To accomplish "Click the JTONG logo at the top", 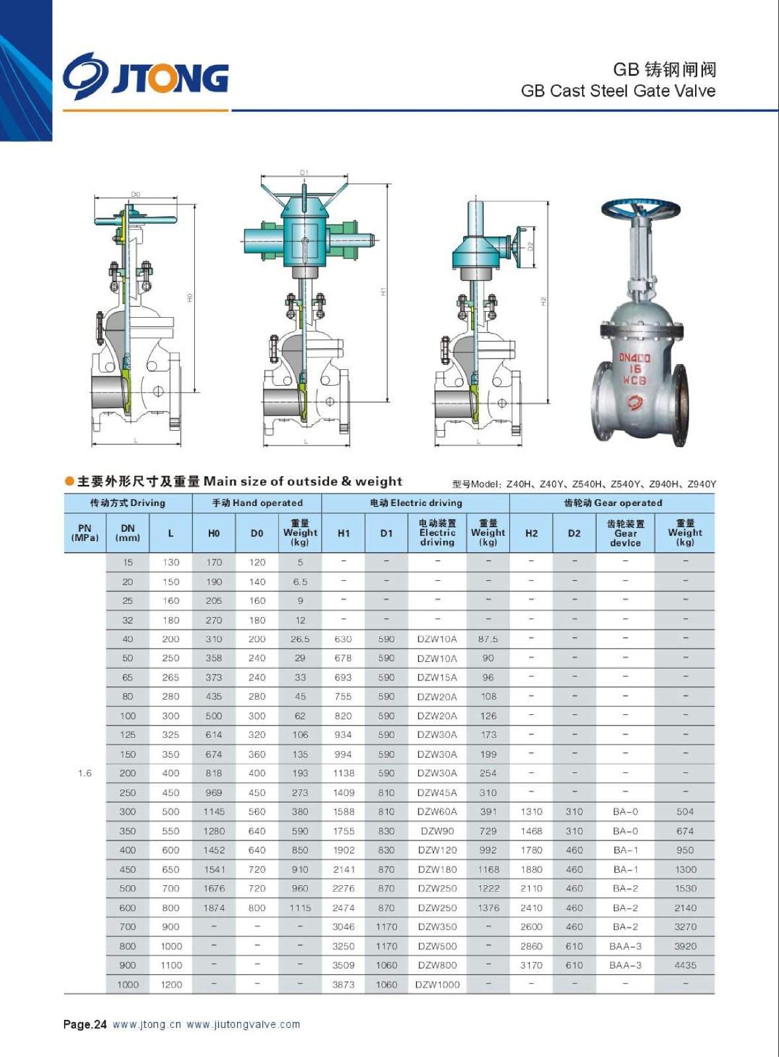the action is pyautogui.click(x=146, y=77).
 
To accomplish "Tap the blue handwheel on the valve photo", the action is pyautogui.click(x=641, y=208).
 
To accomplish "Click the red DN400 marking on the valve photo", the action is pyautogui.click(x=634, y=359).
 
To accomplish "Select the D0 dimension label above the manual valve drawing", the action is pyautogui.click(x=135, y=194).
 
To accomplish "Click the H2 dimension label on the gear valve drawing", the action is pyautogui.click(x=543, y=301).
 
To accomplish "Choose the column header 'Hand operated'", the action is pyautogui.click(x=256, y=503).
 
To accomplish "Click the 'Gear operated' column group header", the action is pyautogui.click(x=613, y=503).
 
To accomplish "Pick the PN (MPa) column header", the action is pyautogui.click(x=85, y=532).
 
